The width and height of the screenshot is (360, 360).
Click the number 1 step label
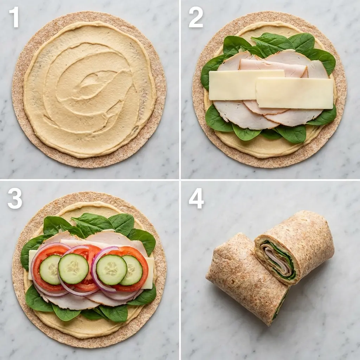(14, 17)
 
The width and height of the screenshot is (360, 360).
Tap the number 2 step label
(195, 17)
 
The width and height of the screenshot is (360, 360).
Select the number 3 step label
(15, 199)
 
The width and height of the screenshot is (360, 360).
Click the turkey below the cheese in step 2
(243, 116)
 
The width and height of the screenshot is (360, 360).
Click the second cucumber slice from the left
(73, 269)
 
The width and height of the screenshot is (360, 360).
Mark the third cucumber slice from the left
(111, 270)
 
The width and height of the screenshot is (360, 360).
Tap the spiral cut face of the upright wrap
(276, 258)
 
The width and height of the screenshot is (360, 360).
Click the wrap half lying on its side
(243, 278)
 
